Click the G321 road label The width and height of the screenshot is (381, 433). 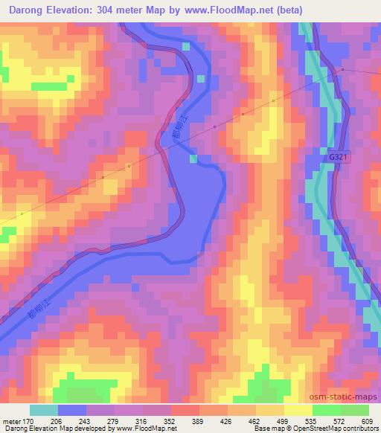[x=337, y=158]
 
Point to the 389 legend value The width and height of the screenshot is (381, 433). [x=199, y=420]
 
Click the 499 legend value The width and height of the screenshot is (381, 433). [x=284, y=420]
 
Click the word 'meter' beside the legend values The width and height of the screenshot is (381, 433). [x=10, y=420]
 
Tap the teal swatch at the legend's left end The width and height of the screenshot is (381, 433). [x=44, y=410]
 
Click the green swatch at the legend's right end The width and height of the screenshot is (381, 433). [x=355, y=410]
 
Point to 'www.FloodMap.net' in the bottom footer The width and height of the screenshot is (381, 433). [x=147, y=429]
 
